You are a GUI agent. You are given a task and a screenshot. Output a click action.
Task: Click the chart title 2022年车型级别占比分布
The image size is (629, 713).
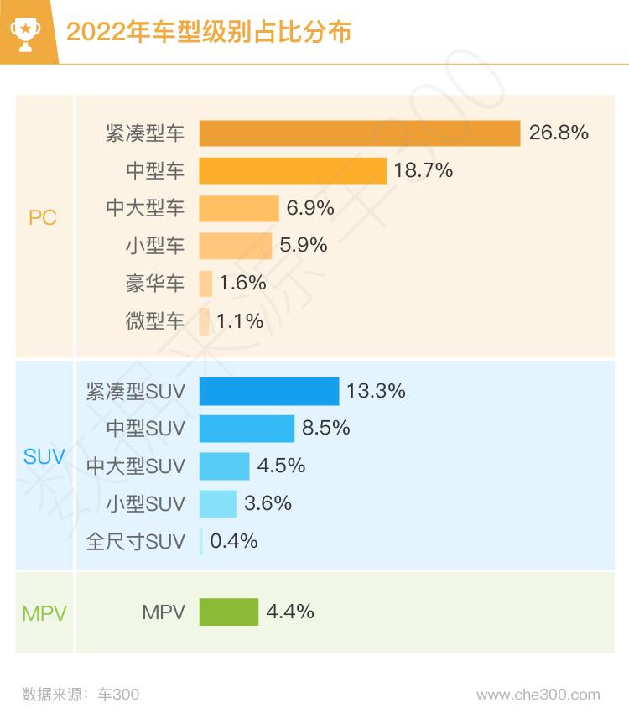[x=208, y=32]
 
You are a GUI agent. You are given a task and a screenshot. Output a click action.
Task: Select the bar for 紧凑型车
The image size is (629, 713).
[x=360, y=133]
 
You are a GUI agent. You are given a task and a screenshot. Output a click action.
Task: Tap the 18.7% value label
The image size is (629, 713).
[x=424, y=170]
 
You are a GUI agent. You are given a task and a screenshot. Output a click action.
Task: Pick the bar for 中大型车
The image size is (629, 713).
[x=239, y=208]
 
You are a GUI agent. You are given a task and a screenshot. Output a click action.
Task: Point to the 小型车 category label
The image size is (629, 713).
[x=155, y=246]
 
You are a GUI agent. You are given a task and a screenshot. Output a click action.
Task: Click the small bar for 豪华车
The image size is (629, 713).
[x=205, y=284]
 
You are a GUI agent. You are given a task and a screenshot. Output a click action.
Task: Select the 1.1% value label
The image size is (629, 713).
[x=240, y=321]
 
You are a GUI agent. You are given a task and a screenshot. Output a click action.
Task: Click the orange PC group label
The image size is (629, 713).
[x=43, y=218]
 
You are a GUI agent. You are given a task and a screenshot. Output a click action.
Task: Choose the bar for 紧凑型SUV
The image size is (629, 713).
[x=269, y=391]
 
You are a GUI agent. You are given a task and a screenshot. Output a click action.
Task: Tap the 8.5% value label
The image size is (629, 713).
[x=326, y=429]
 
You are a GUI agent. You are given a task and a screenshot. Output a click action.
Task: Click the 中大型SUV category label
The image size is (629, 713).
[x=135, y=466]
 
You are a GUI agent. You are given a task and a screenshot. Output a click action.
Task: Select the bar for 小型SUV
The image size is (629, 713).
[x=218, y=504]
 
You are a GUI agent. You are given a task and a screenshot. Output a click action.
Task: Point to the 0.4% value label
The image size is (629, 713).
[x=234, y=542]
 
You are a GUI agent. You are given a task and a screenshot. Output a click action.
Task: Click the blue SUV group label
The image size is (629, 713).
[x=44, y=458]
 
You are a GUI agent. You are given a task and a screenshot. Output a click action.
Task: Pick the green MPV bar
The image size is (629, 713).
[x=229, y=612]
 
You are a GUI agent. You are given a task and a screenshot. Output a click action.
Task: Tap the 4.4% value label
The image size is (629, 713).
[x=290, y=612]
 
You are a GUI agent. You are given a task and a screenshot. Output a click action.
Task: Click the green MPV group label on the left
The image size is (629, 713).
[x=44, y=613]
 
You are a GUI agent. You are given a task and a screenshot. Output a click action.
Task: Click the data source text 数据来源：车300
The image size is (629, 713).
[x=81, y=695]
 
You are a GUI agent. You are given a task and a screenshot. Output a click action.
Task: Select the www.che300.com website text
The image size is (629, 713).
[x=538, y=695]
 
